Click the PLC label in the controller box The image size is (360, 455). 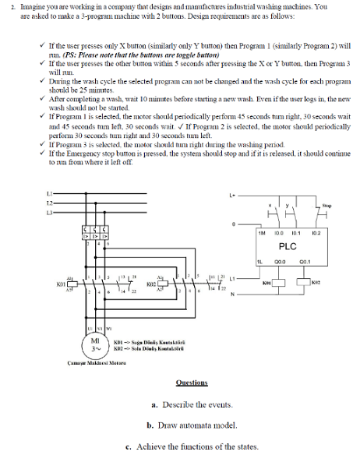(288, 246)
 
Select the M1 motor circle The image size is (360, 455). (94, 344)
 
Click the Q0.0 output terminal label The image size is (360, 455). (279, 263)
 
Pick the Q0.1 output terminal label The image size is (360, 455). (304, 263)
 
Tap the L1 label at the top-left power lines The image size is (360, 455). (49, 192)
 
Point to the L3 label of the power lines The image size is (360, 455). (49, 211)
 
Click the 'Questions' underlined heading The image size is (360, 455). (192, 383)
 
